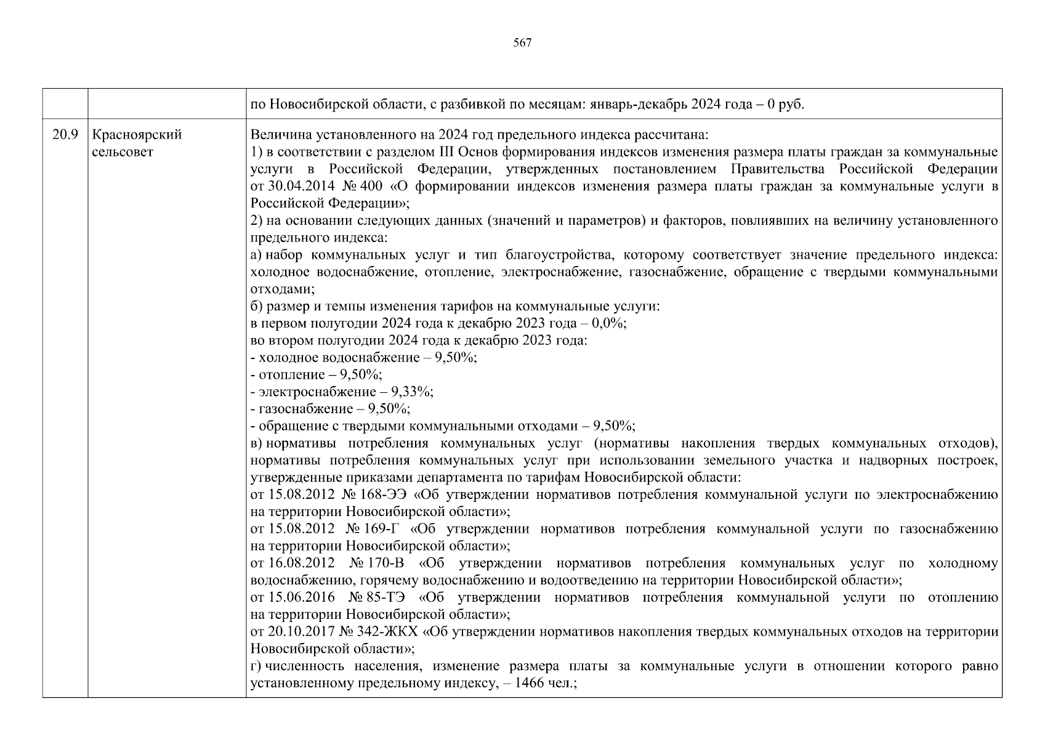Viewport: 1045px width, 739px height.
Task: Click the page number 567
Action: coord(522,42)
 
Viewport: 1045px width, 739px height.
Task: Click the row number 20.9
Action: coord(65,134)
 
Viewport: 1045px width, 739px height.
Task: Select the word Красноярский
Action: coord(136,134)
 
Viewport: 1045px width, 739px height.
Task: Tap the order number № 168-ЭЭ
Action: coord(376,495)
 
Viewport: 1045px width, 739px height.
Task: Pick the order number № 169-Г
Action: coord(373,528)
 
